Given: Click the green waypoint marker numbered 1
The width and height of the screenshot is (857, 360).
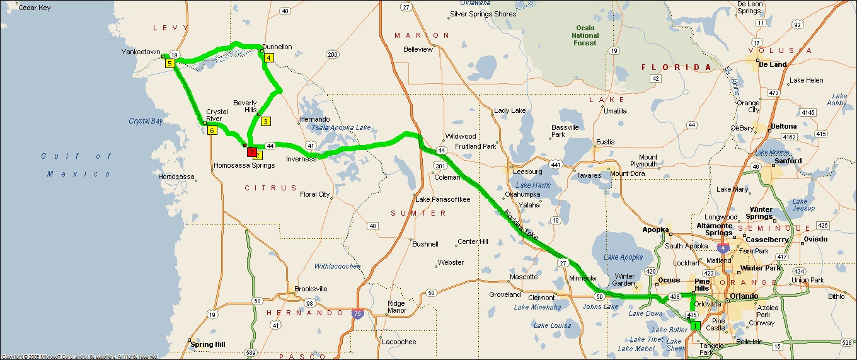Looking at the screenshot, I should [695, 325].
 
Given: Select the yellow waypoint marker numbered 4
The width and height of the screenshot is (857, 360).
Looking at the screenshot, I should [269, 58].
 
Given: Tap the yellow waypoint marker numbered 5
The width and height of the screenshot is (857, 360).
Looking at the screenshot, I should [170, 64].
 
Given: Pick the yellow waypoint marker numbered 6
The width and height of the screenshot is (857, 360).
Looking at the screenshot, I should [212, 131].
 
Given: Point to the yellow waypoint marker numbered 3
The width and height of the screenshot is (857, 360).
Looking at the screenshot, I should [266, 122].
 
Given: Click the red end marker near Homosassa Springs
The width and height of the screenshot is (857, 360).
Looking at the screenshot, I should [251, 152].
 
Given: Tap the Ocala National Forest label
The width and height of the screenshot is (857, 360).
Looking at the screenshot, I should [585, 35].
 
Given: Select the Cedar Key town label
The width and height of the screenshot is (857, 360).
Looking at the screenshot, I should [35, 8].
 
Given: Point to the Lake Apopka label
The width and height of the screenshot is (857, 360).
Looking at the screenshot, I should [623, 257].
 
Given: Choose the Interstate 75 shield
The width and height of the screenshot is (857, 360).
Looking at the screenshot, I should [357, 313].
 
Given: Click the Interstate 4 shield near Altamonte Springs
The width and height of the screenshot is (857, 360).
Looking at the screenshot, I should [722, 248].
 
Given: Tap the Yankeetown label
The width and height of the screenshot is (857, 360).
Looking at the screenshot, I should [141, 52].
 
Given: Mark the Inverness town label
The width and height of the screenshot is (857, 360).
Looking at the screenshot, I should [301, 159].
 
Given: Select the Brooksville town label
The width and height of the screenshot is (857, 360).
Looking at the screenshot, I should [311, 289].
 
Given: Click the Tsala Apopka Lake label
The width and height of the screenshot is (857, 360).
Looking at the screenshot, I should [341, 127].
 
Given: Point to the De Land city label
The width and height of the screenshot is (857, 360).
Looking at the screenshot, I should [773, 64].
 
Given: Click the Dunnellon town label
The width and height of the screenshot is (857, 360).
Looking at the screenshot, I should [277, 47].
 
